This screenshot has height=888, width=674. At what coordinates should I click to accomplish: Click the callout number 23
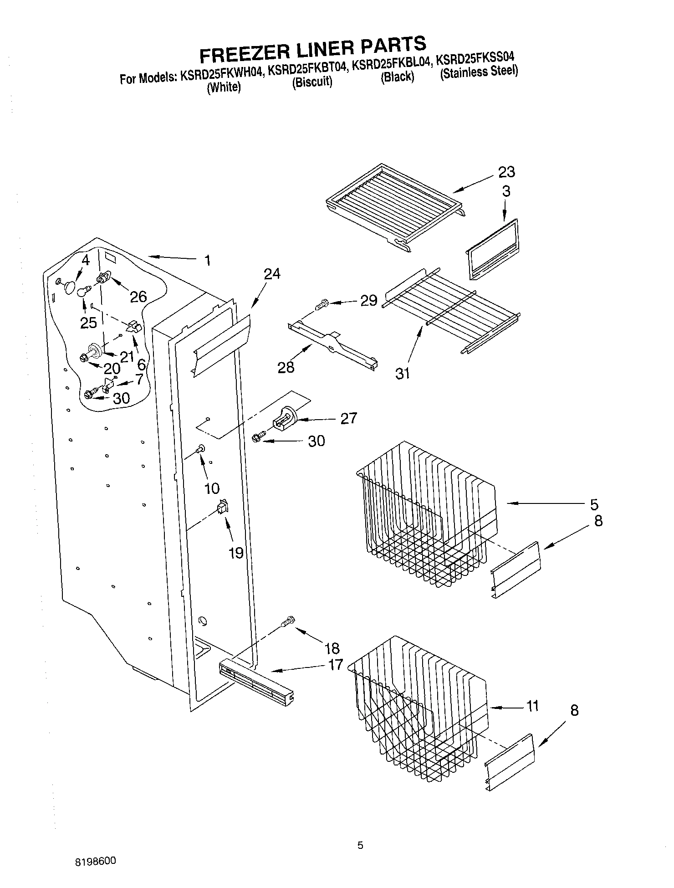tap(506, 172)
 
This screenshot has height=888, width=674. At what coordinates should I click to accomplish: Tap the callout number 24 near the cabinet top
tap(272, 274)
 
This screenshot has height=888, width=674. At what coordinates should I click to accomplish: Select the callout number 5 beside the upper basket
tap(594, 504)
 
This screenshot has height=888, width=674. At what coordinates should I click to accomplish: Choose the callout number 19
tap(236, 553)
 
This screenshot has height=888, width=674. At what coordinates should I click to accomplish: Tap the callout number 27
tap(348, 418)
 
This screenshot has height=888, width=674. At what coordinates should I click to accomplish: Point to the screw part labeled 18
tap(289, 621)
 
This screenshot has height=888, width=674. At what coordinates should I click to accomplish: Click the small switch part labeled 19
tap(222, 507)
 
